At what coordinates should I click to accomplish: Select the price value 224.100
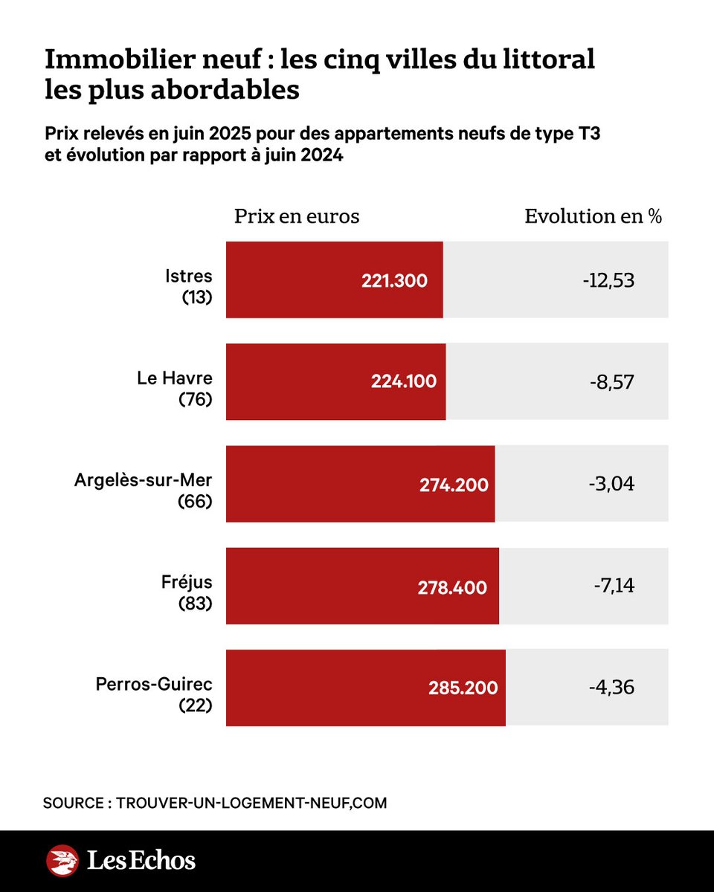click(404, 382)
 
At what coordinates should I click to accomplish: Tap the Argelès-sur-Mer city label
click(144, 480)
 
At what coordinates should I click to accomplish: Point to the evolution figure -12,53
click(608, 281)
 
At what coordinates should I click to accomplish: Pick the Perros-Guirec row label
click(154, 684)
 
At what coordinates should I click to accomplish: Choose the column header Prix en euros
click(297, 216)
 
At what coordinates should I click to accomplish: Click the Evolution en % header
click(593, 216)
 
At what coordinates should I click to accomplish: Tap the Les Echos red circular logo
click(62, 861)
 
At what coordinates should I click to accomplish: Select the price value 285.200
click(463, 688)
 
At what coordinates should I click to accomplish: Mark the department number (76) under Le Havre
click(195, 399)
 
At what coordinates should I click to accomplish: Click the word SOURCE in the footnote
click(72, 804)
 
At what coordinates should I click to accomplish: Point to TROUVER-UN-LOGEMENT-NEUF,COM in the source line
click(252, 804)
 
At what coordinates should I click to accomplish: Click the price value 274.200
click(454, 485)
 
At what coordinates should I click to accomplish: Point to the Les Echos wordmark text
click(141, 861)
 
